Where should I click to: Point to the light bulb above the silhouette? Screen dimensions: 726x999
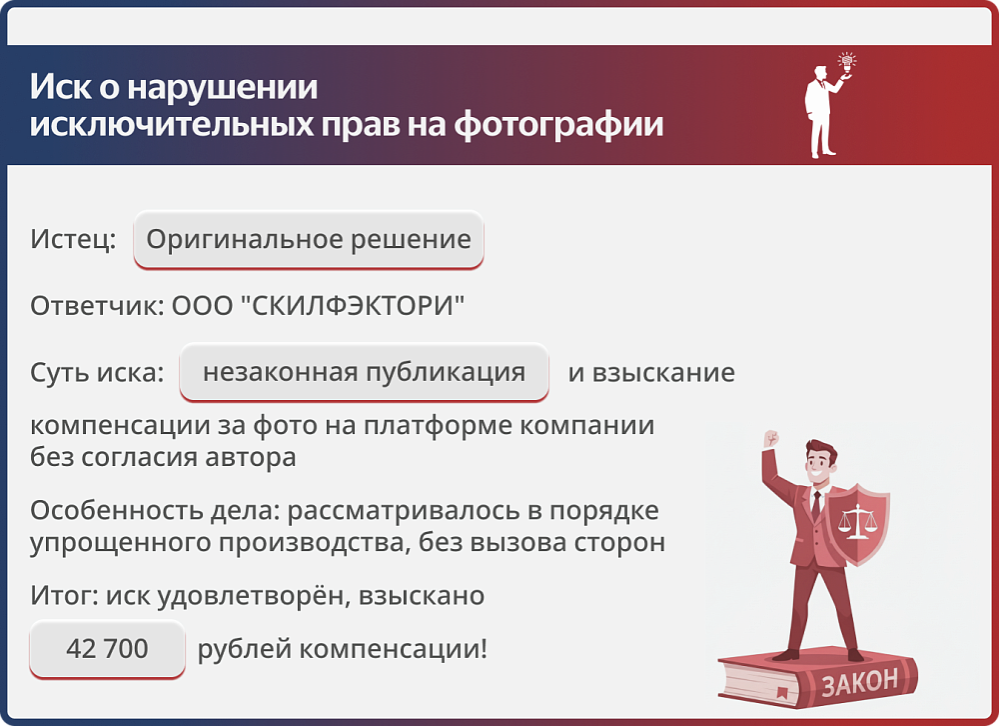point(848,61)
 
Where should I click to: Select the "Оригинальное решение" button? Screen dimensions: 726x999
point(309,240)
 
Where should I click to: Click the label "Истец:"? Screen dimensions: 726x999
point(73,240)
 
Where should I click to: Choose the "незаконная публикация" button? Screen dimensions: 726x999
point(364,373)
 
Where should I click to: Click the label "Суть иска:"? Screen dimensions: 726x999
point(97,373)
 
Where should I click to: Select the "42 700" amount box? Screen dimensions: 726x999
point(107,649)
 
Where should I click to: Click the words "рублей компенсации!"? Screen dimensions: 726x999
point(343,649)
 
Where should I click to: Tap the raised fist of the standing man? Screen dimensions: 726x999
point(769,440)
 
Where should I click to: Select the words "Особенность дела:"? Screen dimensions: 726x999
point(155,510)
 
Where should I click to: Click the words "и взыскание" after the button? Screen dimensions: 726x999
point(651,373)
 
